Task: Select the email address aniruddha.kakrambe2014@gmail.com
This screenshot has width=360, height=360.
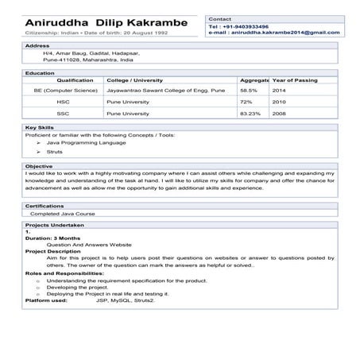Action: pyautogui.click(x=275, y=33)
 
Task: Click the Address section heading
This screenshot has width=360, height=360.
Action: pyautogui.click(x=38, y=46)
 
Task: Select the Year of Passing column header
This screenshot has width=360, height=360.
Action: pyautogui.click(x=296, y=80)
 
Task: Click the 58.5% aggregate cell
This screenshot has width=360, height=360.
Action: pyautogui.click(x=250, y=91)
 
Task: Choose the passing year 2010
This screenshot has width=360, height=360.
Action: pyautogui.click(x=279, y=102)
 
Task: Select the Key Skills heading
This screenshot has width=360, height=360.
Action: pyautogui.click(x=40, y=127)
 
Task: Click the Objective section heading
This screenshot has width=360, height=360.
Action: pyautogui.click(x=40, y=165)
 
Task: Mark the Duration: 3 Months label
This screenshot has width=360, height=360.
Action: pyautogui.click(x=53, y=238)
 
